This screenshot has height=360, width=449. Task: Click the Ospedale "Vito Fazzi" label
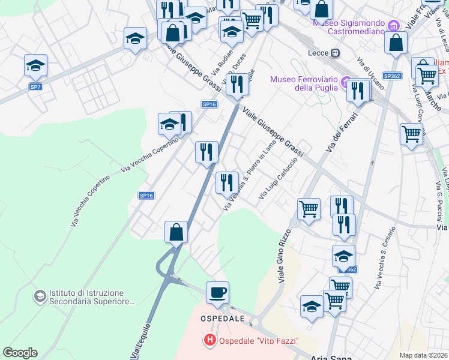tap(258, 341)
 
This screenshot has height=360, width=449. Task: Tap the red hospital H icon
tap(210, 341)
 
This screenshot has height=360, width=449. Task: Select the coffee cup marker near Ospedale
tap(217, 292)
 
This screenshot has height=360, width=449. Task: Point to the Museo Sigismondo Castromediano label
tap(348, 26)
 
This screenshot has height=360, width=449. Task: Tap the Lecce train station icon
tap(335, 52)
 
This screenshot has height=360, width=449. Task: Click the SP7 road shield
tap(35, 87)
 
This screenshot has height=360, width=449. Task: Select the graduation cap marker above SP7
tap(35, 65)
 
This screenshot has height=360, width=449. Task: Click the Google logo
tap(20, 353)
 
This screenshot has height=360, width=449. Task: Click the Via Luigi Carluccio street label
tap(278, 179)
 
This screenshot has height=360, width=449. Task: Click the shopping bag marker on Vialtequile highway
tap(176, 232)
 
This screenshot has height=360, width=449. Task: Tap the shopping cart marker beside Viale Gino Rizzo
tap(309, 209)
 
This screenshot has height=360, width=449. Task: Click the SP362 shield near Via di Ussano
tap(392, 76)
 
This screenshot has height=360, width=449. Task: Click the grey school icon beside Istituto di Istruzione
tap(40, 296)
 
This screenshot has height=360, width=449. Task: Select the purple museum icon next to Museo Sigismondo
tap(394, 26)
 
